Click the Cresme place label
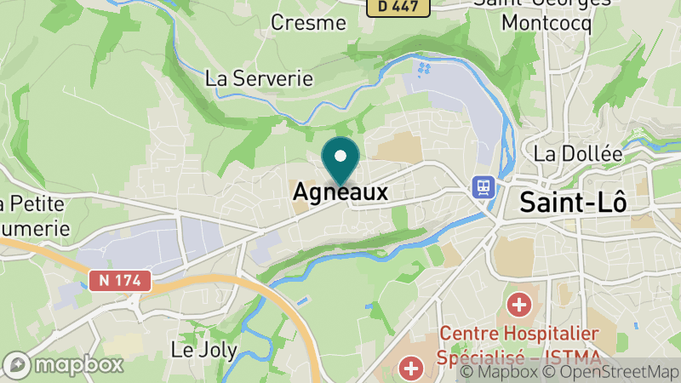tap(307, 23)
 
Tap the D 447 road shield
tap(398, 6)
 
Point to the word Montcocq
tap(546, 23)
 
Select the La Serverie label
tap(260, 78)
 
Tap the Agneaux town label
tap(340, 193)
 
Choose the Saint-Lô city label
tap(573, 203)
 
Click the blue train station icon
tap(484, 186)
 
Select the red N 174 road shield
tap(120, 280)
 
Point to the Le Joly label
tap(203, 350)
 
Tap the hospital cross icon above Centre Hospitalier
tap(518, 303)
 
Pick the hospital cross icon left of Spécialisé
tap(411, 369)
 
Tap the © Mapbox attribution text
tap(501, 372)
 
